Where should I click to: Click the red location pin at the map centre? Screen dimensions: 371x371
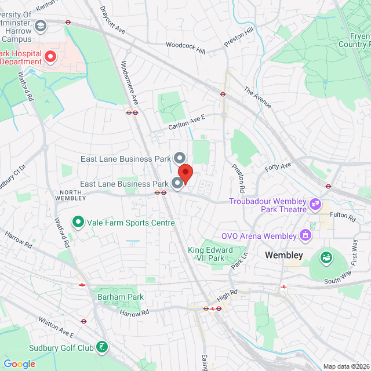point(185,173)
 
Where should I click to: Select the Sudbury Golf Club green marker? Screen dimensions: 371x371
point(102,348)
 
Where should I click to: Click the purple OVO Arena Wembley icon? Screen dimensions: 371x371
point(304,235)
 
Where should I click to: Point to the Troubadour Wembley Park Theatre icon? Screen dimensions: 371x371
point(315,203)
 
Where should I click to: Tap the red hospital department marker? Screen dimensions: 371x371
point(50,56)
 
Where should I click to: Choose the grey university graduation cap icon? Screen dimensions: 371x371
point(41,26)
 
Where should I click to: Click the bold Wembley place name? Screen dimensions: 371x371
point(284,255)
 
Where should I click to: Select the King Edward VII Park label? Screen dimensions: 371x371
point(210,254)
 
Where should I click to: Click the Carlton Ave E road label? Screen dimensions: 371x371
point(187,121)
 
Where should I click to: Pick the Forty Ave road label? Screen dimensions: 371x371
point(278,168)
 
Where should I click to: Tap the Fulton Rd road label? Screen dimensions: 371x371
point(351,217)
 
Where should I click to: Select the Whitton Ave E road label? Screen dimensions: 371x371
point(57,327)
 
